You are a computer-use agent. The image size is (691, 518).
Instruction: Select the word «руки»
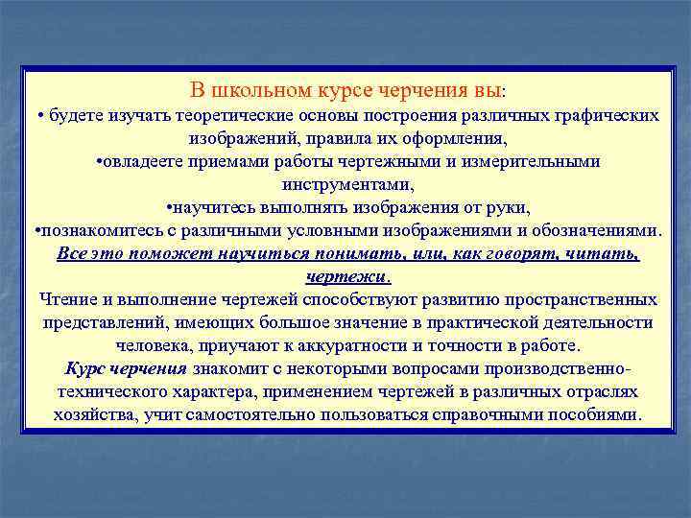pyautogui.click(x=506, y=207)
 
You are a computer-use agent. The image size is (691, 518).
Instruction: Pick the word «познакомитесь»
pyautogui.click(x=92, y=230)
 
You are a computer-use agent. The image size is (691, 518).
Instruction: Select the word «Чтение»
pyautogui.click(x=66, y=299)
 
